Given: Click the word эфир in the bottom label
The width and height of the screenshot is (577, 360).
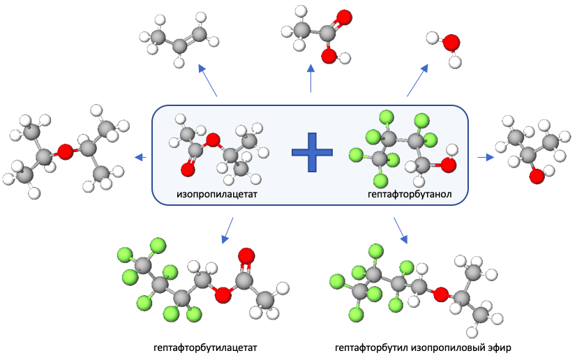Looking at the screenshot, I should (502, 347).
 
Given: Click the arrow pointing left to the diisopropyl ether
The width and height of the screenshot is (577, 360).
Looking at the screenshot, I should (140, 157).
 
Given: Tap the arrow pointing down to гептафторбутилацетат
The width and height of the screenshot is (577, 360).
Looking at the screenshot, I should (227, 230).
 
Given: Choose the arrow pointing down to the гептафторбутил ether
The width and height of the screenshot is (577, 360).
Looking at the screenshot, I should (400, 230).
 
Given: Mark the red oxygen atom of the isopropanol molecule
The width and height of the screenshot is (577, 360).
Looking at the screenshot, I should (536, 176).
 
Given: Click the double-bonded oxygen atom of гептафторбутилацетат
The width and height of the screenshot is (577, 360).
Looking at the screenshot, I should (245, 256).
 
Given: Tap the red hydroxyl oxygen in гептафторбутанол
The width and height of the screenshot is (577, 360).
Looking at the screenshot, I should (449, 165).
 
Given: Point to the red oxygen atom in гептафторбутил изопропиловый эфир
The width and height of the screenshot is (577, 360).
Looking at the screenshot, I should (440, 295).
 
